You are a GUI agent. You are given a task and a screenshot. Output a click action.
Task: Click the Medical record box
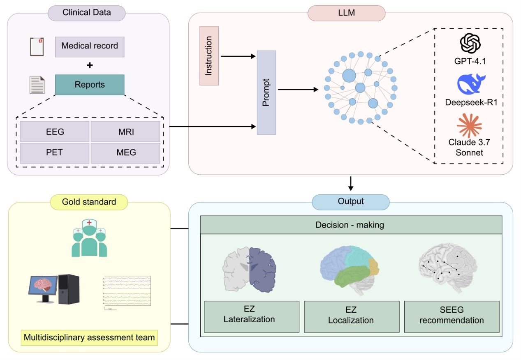pos(90,46)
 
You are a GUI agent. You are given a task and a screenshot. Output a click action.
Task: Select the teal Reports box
pos(90,85)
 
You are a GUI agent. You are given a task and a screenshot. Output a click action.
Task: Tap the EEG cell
pos(55,132)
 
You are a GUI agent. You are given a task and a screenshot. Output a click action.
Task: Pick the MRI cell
pos(125,132)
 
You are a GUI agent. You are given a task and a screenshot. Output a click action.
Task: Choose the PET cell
pos(55,153)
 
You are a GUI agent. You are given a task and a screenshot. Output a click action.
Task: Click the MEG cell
pos(125,153)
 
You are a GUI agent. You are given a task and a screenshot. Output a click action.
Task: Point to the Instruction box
pos(209,56)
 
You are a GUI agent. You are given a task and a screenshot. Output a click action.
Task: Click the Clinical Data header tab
pos(86,12)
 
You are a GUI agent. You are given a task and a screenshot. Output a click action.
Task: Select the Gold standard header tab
pos(89,202)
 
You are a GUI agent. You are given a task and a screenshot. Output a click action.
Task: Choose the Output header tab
pos(351,202)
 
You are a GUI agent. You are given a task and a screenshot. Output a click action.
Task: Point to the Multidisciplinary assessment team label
pos(89,338)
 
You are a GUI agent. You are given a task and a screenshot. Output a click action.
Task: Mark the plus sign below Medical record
pos(90,65)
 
